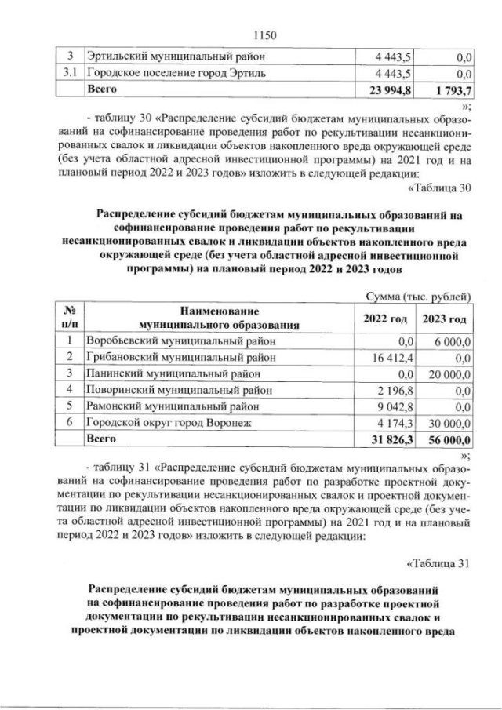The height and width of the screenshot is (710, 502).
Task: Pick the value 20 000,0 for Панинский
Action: (447, 373)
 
